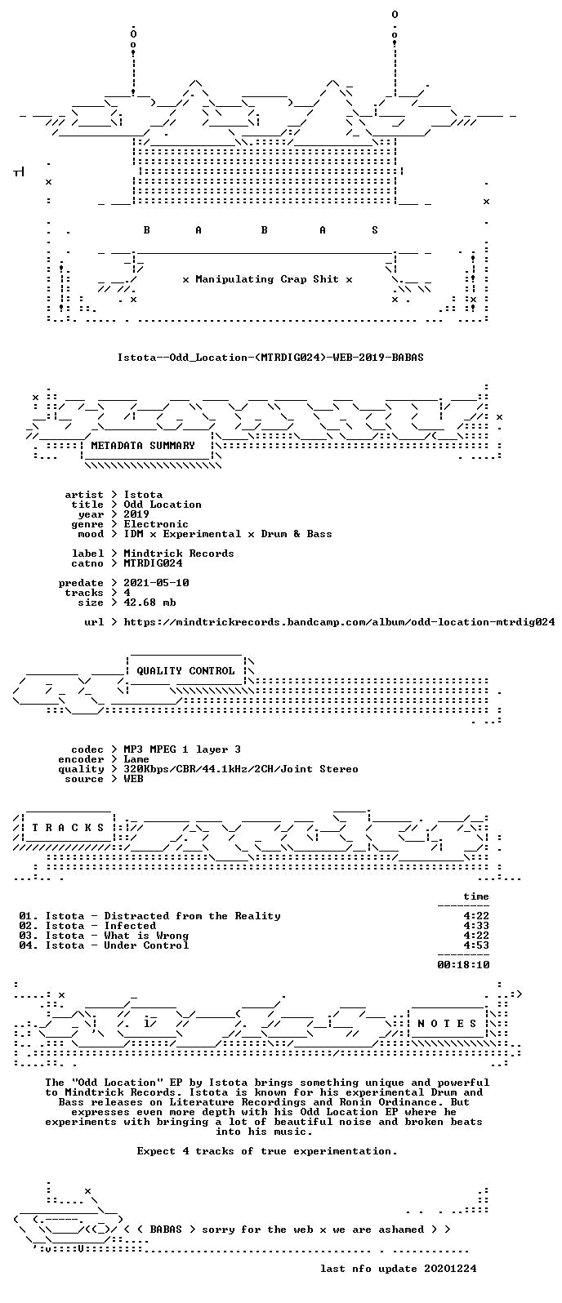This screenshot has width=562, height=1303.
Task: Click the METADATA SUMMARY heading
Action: pos(142,446)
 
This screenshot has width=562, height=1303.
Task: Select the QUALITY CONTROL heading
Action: pos(185,671)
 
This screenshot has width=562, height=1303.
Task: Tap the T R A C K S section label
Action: pos(68,828)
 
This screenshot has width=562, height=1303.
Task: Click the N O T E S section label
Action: pos(447,1023)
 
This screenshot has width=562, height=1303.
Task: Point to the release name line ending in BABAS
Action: pos(270,357)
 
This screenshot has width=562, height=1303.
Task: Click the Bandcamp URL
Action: pos(339,622)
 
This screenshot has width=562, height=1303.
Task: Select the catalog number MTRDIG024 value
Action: pos(153,563)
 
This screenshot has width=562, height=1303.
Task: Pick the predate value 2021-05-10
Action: pos(157,583)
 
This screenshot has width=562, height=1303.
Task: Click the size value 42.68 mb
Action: pos(149,603)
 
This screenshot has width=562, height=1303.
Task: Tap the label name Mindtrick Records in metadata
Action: pos(179,554)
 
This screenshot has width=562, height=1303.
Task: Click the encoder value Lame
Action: pos(136,759)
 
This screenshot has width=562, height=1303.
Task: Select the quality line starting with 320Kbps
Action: pos(241,769)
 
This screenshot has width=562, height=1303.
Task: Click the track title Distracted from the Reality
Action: pos(193,916)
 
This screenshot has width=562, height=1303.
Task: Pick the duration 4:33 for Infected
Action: pos(476,926)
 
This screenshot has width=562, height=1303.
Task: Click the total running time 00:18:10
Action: pos(463,964)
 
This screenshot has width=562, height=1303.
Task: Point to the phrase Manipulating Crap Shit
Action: pos(267,279)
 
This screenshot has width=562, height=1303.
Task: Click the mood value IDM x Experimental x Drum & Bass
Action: pos(227,534)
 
